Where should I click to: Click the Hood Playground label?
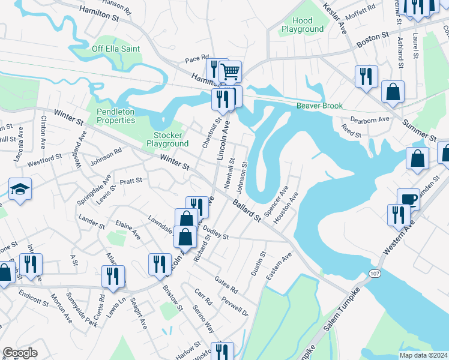303,25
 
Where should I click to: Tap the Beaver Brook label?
319,106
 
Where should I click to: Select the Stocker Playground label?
167,139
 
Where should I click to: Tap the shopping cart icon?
230,72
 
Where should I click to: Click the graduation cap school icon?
20,190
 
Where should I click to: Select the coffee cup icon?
408,199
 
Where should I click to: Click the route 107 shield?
375,272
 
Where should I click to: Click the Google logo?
20,353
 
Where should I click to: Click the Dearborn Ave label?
370,120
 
